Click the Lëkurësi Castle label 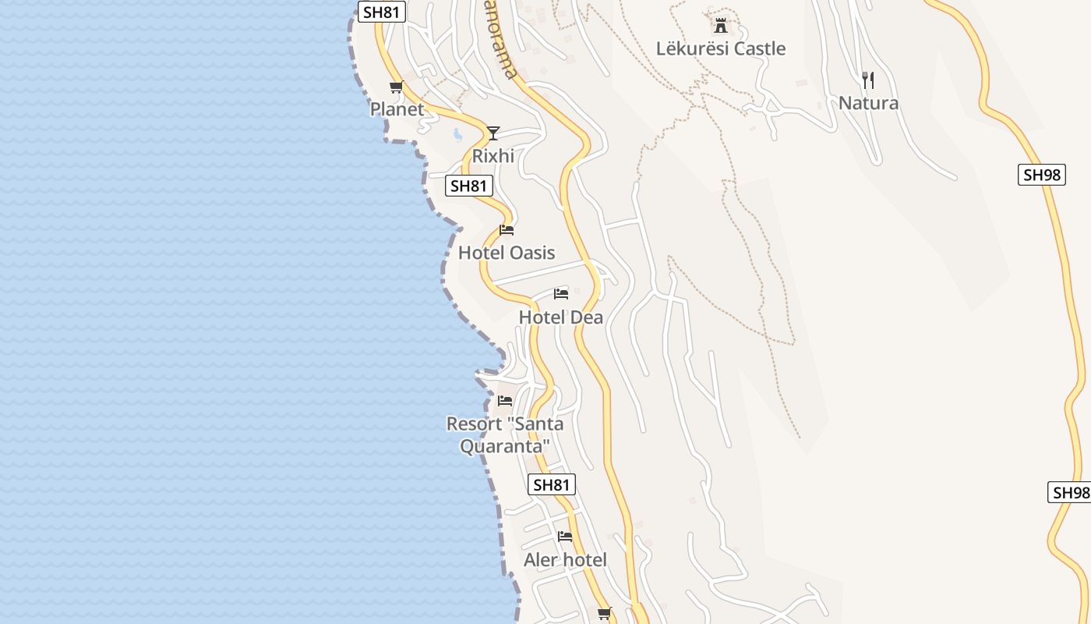click(x=720, y=48)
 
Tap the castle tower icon click(x=721, y=25)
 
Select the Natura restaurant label click(x=868, y=103)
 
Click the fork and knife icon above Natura click(x=868, y=79)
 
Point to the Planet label click(x=397, y=109)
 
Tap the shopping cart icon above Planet click(x=396, y=87)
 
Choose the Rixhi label click(x=493, y=156)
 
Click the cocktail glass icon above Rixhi click(x=493, y=133)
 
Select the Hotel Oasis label click(x=507, y=253)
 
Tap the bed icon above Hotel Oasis click(x=507, y=230)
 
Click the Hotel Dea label click(x=561, y=317)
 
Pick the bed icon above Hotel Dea click(x=561, y=294)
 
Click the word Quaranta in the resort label click(x=505, y=447)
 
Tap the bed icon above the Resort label click(x=505, y=401)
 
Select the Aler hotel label click(x=565, y=560)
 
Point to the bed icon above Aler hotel click(x=565, y=537)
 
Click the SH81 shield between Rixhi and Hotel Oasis click(x=470, y=186)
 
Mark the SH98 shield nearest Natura click(x=1042, y=175)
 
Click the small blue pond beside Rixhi click(x=457, y=134)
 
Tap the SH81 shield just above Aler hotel click(x=551, y=484)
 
